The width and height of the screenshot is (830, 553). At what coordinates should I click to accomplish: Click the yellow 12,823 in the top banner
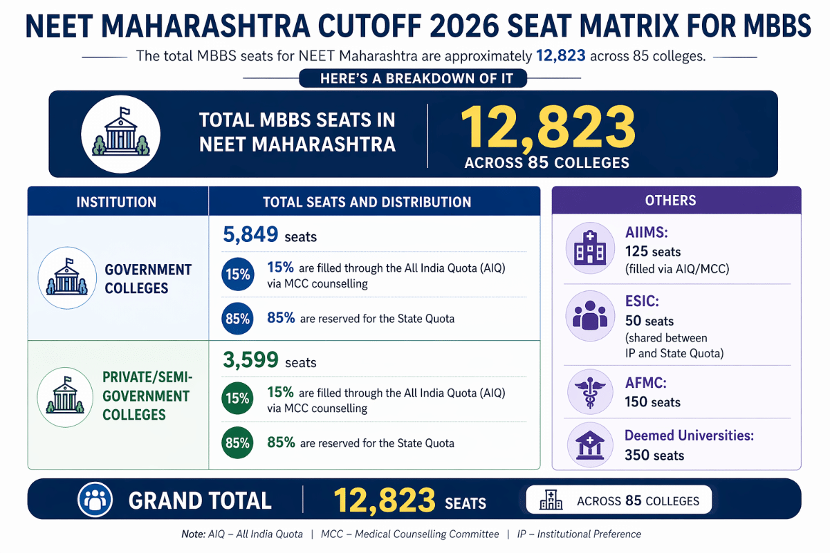pos(547,129)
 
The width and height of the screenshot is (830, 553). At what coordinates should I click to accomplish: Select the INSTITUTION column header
pos(116,203)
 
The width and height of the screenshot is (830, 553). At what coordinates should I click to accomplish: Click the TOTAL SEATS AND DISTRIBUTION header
pos(367,203)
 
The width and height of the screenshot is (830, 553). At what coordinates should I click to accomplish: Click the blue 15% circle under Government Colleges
pos(237,274)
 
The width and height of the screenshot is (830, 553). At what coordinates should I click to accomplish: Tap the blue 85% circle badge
pos(237,319)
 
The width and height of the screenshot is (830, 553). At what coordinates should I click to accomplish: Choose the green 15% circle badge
pos(237,399)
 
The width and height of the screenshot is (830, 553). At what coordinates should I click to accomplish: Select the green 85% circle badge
pos(237,443)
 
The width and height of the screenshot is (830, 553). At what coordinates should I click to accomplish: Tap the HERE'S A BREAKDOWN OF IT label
pos(413,79)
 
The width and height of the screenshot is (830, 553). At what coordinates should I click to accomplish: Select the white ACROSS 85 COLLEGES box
pos(618,501)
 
